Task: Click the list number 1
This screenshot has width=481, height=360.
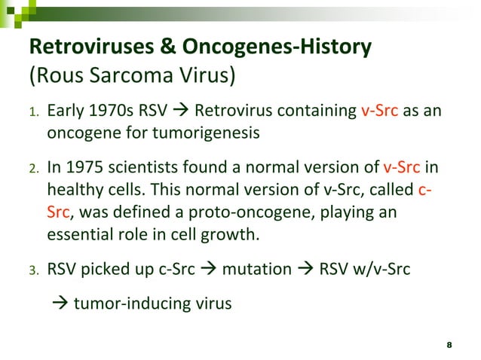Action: pos(33,114)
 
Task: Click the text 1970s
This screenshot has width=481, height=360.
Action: pos(106,113)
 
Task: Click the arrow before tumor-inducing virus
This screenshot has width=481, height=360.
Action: pos(60,305)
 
